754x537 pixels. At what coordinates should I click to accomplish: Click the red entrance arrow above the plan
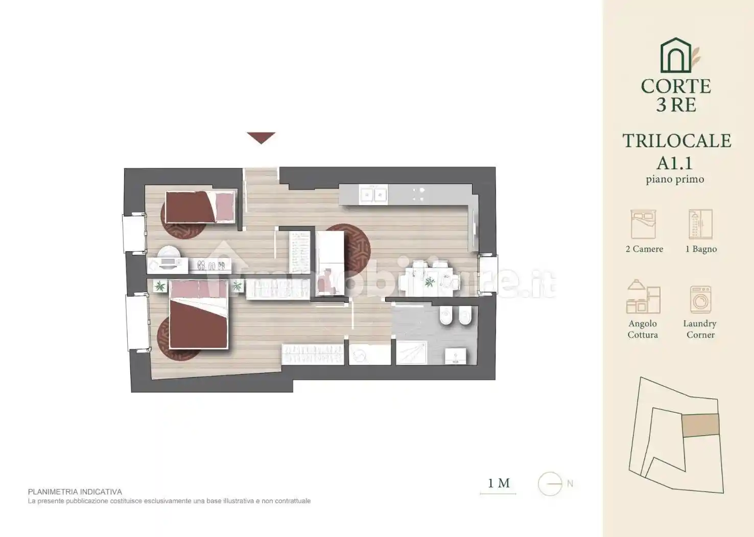(x=261, y=138)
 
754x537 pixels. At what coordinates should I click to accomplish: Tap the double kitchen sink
(x=373, y=194)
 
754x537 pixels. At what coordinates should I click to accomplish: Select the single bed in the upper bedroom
(x=200, y=207)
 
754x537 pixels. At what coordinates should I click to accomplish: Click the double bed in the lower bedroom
(x=199, y=315)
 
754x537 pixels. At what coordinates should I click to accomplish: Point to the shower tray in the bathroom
(x=411, y=352)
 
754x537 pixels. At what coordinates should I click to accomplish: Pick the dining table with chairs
(x=429, y=281)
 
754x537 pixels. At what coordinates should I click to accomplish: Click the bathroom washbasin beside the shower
(x=456, y=356)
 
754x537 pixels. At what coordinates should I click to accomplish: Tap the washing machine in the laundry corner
(x=370, y=353)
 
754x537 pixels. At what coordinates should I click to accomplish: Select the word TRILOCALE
(x=676, y=141)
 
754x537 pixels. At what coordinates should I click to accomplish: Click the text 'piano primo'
(x=675, y=180)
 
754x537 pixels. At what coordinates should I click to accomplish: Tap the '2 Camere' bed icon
(x=643, y=224)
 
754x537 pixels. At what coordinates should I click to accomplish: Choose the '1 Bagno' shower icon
(x=700, y=224)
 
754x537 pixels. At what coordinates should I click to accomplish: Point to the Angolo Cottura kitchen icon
(x=643, y=297)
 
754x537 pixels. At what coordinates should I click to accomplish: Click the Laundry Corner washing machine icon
(x=700, y=300)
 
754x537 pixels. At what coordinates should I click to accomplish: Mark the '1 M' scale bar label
(x=499, y=483)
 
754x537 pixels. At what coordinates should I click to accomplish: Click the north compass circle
(x=550, y=484)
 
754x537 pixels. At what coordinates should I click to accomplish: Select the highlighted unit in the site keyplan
(x=700, y=426)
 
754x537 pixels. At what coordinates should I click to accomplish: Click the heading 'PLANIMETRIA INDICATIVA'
(x=75, y=492)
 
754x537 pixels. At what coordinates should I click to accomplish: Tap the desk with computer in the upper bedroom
(x=168, y=264)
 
